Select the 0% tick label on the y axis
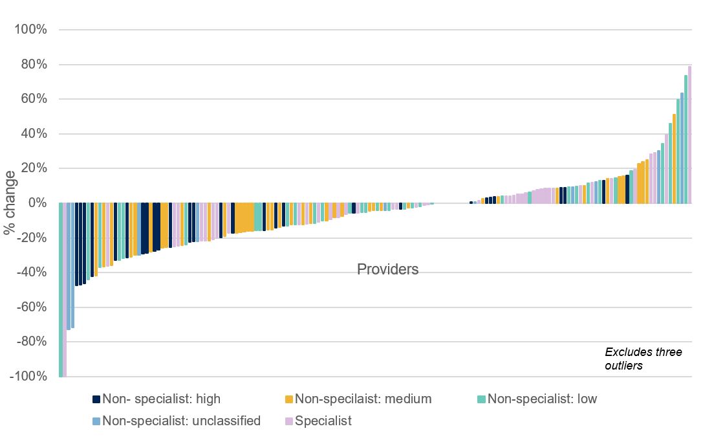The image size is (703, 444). click(36, 203)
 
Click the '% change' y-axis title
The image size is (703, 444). click(10, 203)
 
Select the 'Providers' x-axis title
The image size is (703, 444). click(387, 269)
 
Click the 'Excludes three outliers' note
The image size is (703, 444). click(643, 359)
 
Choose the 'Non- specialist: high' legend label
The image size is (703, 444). click(162, 399)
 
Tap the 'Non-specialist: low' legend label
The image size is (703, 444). click(543, 399)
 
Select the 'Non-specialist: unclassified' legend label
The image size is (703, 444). click(181, 421)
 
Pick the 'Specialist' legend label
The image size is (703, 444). click(323, 421)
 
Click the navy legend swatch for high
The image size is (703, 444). click(96, 399)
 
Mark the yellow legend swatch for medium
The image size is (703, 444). click(289, 399)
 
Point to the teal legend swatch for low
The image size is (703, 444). click(482, 399)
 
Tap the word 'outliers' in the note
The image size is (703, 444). click(623, 365)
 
